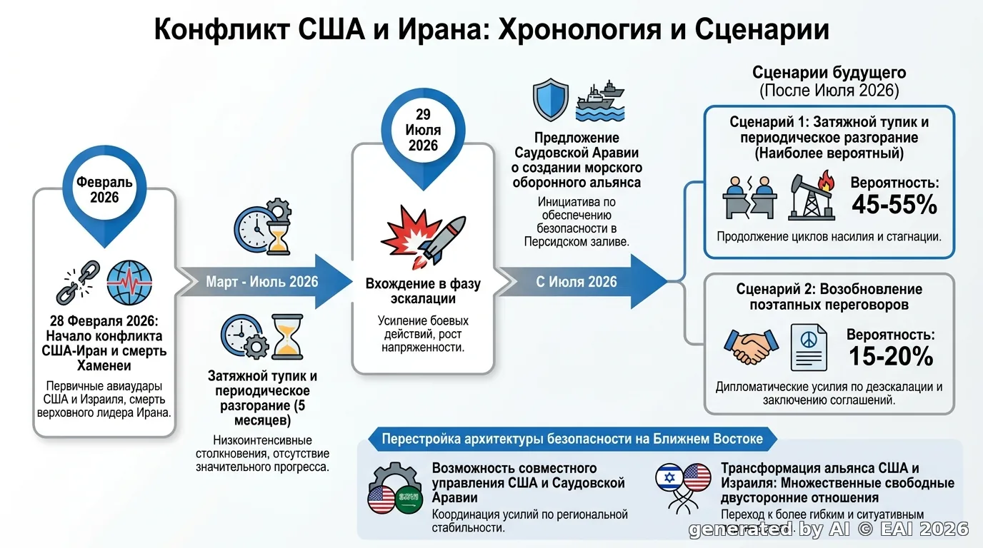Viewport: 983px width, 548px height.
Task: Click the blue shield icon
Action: coord(550,99)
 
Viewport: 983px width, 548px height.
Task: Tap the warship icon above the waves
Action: coord(600,101)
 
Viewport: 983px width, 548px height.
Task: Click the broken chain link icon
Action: coord(78,283)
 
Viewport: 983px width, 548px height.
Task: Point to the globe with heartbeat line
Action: coord(129,283)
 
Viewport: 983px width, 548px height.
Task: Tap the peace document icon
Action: coord(809,347)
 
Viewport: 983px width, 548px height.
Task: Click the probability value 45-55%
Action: coord(894,204)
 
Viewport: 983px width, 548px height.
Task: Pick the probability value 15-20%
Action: coord(891,356)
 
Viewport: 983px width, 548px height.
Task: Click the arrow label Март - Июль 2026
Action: coord(262,281)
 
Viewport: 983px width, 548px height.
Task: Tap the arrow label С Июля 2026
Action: coord(577,281)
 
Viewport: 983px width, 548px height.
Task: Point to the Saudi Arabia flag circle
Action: coord(409,499)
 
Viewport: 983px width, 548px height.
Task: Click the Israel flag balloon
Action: coord(669,477)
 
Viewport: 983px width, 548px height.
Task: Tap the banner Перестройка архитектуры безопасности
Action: coord(572,439)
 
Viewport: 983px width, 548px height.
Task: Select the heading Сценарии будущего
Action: coord(829,72)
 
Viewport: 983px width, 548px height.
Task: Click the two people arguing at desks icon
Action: coord(749,197)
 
